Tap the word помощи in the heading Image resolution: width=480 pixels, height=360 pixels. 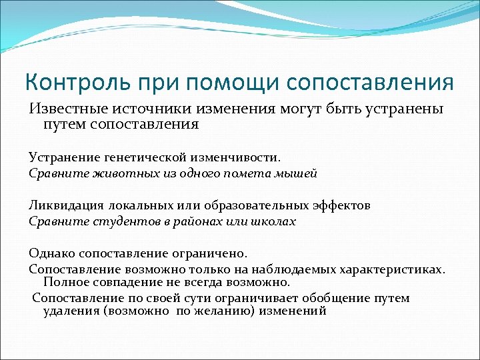[x=233, y=83]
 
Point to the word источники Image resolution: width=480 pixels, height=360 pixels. [x=141, y=109]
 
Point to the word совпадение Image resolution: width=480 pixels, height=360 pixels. [x=125, y=282]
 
